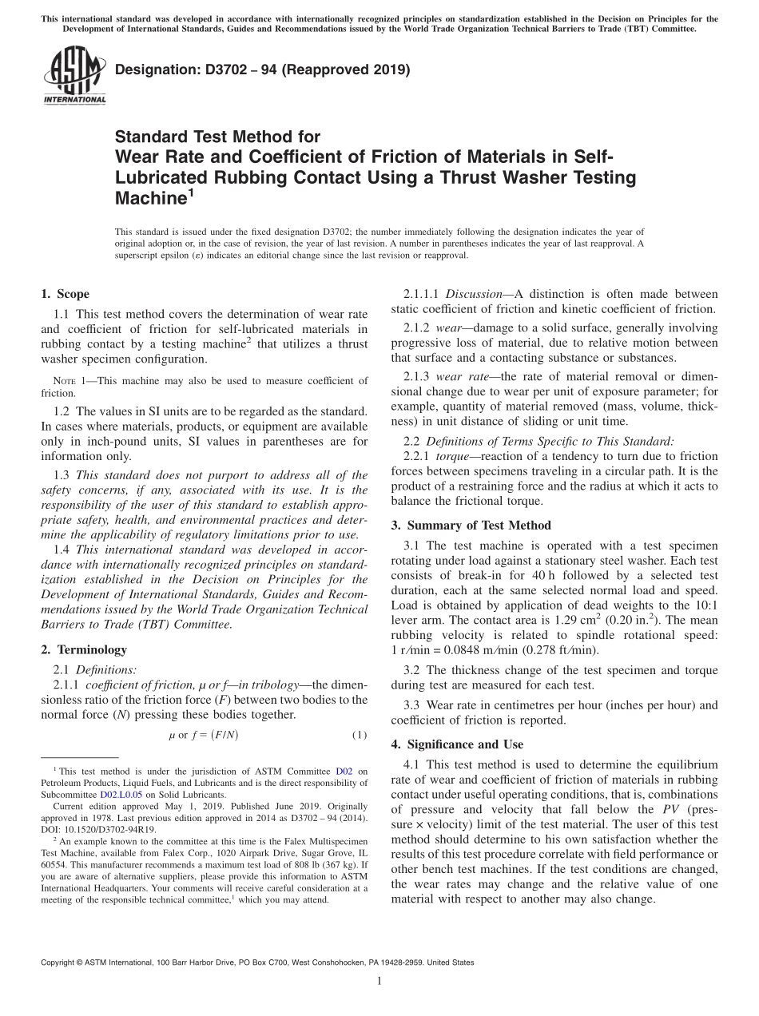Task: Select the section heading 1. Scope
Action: tap(65, 294)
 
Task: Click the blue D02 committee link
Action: tap(344, 772)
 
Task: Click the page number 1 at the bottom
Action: tap(379, 982)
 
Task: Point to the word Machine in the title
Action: tap(151, 198)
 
